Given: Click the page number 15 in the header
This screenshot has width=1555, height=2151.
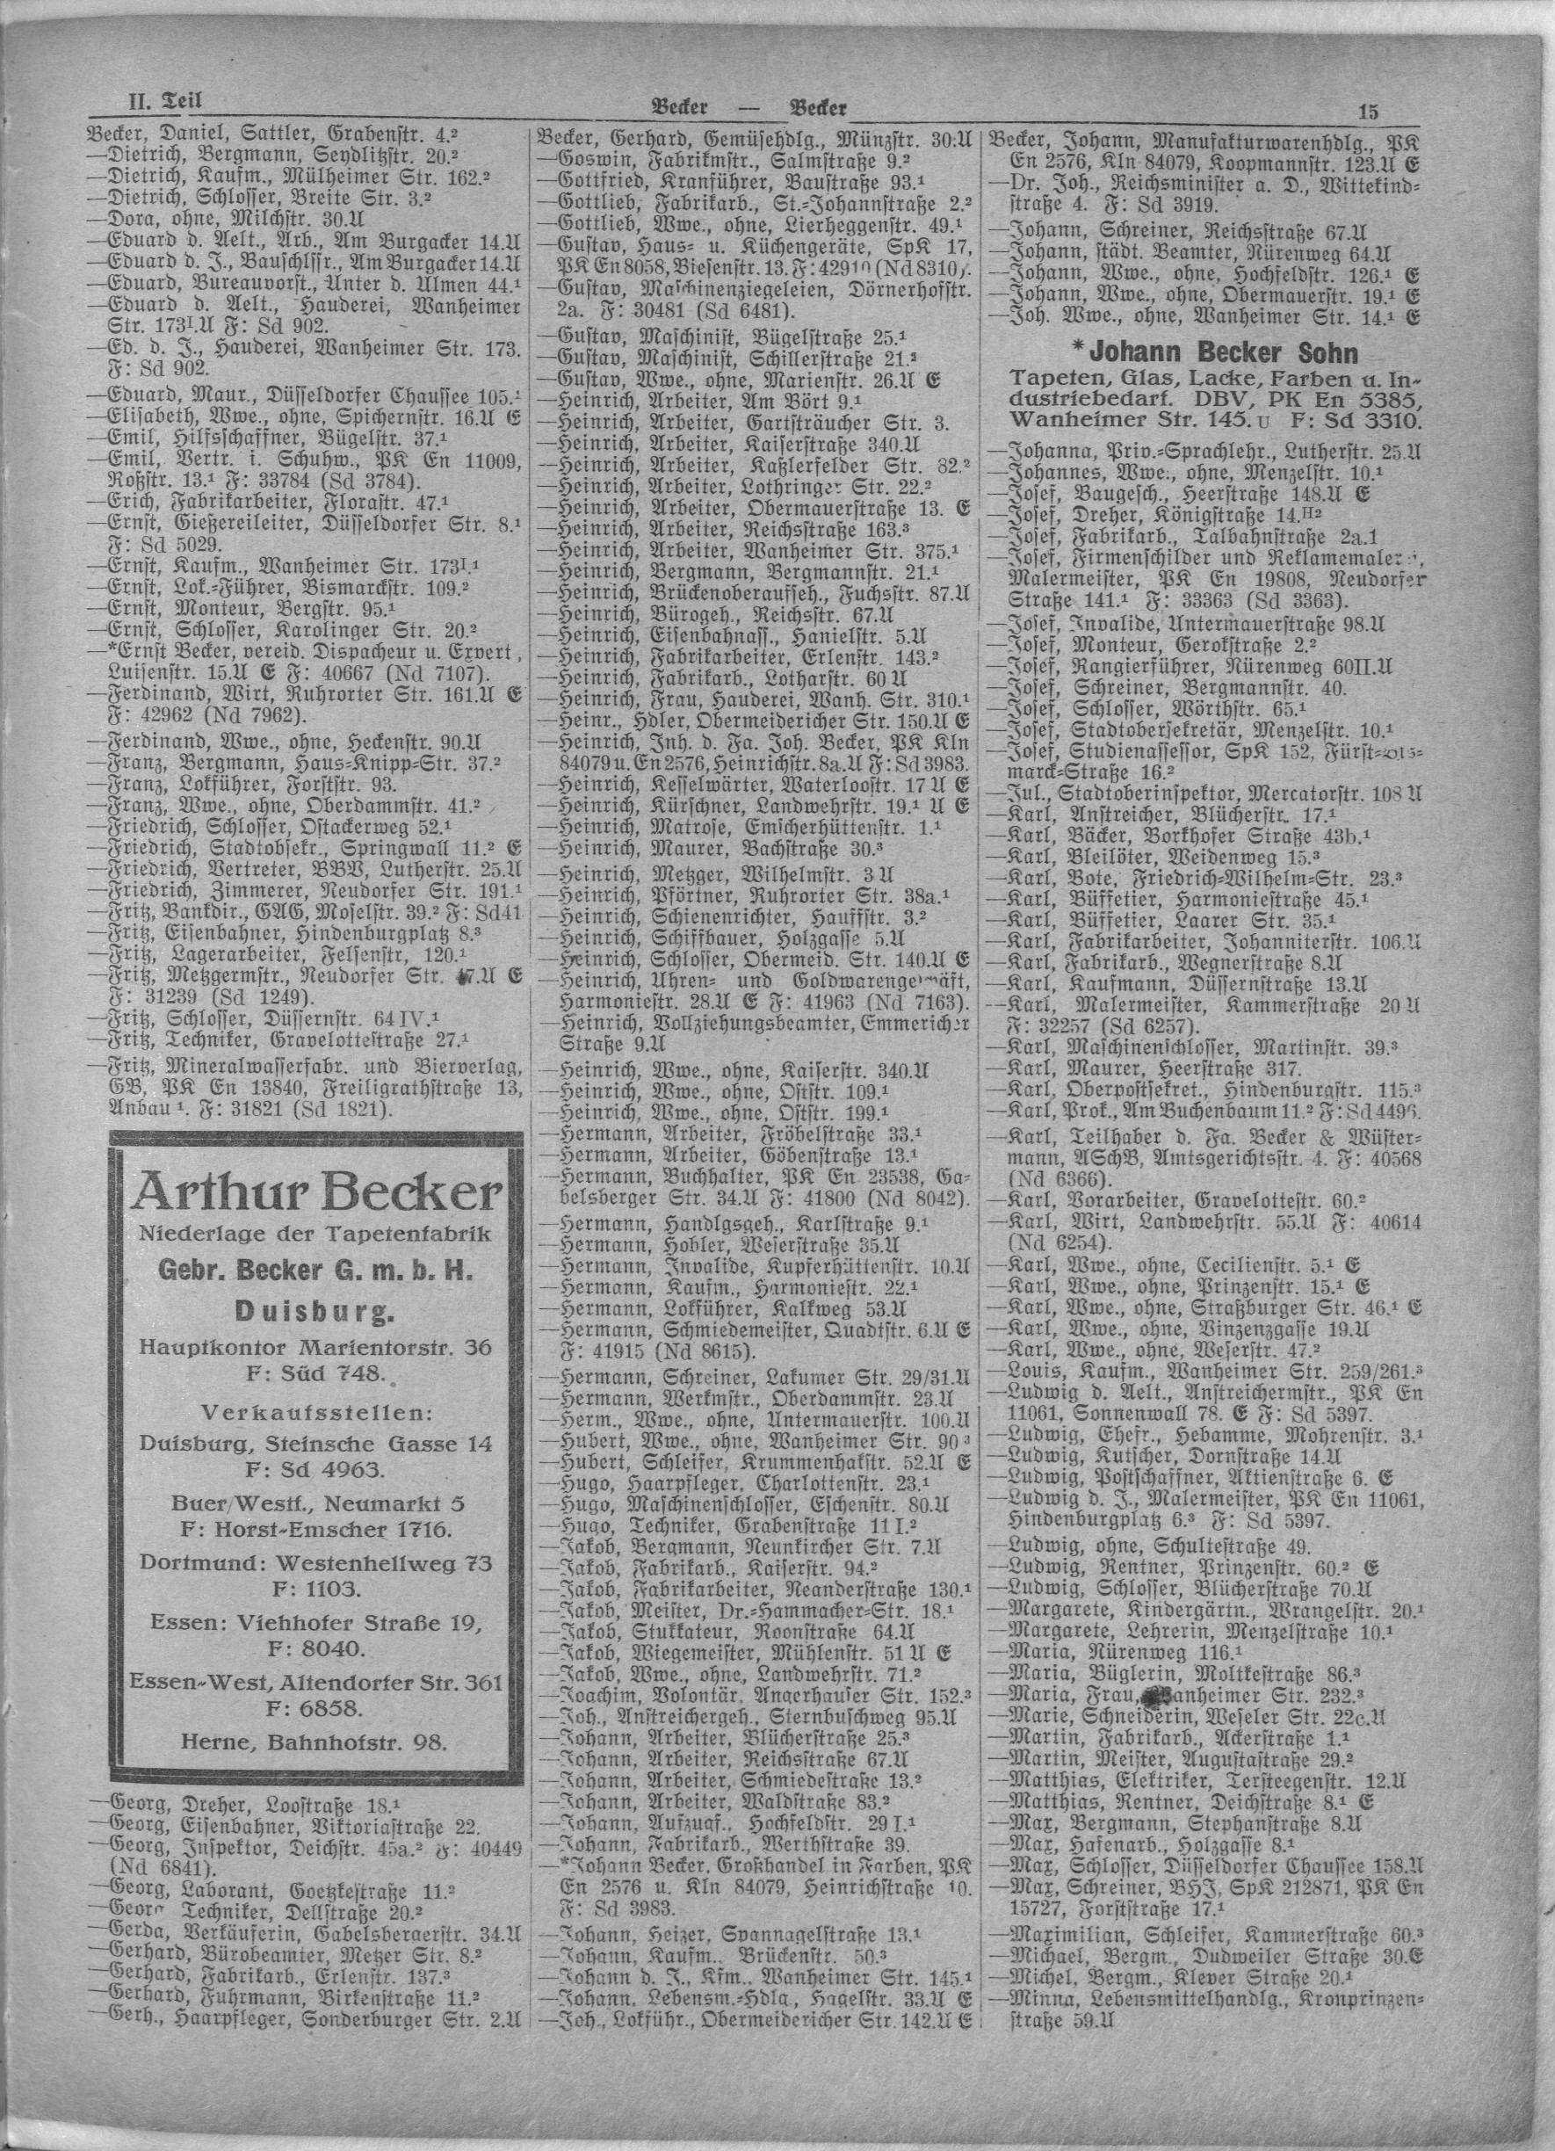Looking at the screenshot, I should coord(1367,110).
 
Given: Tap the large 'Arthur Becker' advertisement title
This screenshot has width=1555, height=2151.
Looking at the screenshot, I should coord(316,1192).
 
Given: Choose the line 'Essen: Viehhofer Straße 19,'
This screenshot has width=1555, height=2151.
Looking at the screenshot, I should coord(316,1620).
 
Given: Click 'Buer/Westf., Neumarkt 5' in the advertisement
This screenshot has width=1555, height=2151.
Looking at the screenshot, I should coord(316,1503).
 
